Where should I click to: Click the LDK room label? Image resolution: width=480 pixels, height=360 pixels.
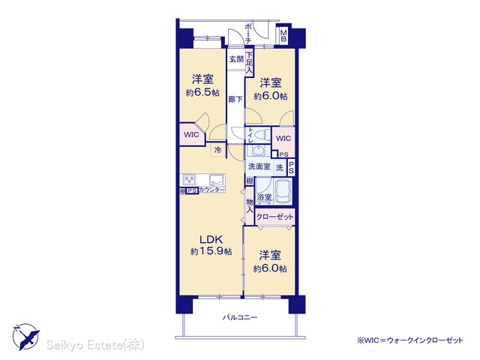[x=211, y=238]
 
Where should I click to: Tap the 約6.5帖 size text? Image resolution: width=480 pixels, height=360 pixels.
[x=202, y=92]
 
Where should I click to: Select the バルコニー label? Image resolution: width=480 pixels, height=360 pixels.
[x=240, y=317]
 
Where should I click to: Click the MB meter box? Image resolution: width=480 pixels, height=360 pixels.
[x=283, y=36]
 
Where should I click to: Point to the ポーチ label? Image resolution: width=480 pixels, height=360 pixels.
[x=248, y=33]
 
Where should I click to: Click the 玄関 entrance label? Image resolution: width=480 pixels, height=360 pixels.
[x=236, y=59]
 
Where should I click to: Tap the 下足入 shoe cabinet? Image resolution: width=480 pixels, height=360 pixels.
[x=250, y=63]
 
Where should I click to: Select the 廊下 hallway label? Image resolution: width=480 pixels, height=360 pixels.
[x=235, y=99]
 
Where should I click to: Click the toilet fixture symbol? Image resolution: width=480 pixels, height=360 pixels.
[x=262, y=134]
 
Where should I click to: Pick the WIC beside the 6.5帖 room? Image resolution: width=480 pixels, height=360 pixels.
[x=191, y=134]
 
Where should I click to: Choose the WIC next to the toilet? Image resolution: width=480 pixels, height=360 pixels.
[x=283, y=138]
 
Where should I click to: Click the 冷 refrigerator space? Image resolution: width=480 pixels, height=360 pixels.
[x=218, y=150]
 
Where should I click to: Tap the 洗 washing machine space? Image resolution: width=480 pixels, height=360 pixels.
[x=280, y=168]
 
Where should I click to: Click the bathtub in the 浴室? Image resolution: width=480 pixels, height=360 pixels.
[x=283, y=191]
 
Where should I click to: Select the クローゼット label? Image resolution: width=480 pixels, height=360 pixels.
[x=274, y=217]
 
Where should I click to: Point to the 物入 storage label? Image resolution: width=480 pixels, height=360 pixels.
[x=250, y=206]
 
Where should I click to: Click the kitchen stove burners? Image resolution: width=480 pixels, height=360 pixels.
[x=189, y=180]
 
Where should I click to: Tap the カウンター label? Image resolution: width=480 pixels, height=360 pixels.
[x=211, y=190]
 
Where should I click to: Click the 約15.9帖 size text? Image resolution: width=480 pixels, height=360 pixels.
[x=211, y=252]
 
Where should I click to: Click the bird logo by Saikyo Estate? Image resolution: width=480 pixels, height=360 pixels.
[x=26, y=337]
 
